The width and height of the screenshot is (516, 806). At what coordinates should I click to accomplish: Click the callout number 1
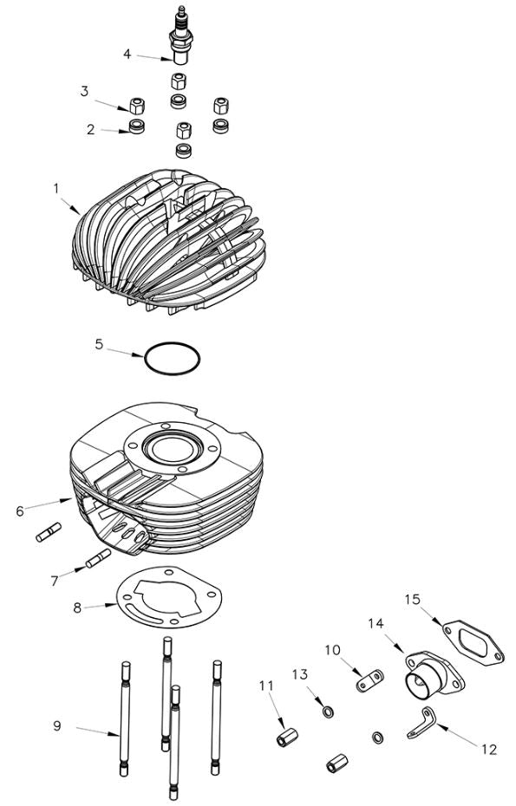pyautogui.click(x=56, y=187)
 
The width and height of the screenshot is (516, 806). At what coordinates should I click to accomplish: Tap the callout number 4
pyautogui.click(x=127, y=54)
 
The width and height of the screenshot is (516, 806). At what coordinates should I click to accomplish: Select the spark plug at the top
pyautogui.click(x=180, y=39)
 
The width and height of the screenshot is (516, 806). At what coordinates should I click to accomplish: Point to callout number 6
pyautogui.click(x=20, y=510)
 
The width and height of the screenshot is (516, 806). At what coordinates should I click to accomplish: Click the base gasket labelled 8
pyautogui.click(x=169, y=598)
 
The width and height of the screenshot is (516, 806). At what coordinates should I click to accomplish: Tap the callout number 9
pyautogui.click(x=57, y=725)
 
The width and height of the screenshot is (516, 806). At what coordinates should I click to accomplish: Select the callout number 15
pyautogui.click(x=412, y=599)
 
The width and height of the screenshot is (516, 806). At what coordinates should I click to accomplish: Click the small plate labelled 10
pyautogui.click(x=368, y=679)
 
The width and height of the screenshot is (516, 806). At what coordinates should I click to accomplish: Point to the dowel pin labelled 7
pyautogui.click(x=98, y=559)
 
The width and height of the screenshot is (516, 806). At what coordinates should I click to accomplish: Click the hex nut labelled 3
pyautogui.click(x=136, y=107)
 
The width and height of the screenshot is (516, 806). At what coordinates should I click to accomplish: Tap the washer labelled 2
pyautogui.click(x=136, y=128)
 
